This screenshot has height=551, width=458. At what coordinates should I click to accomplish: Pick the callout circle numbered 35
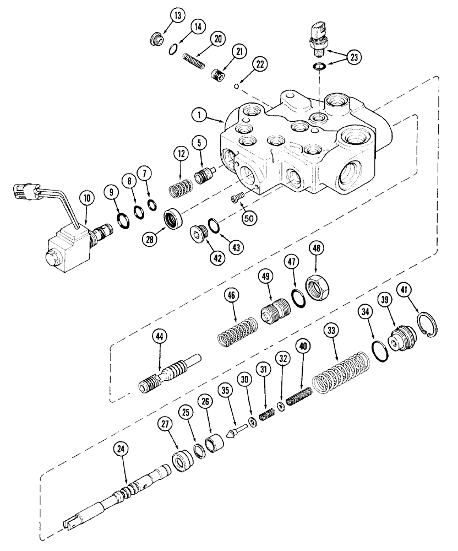click(223, 392)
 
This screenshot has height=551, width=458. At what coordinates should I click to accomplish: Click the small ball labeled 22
click(235, 86)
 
